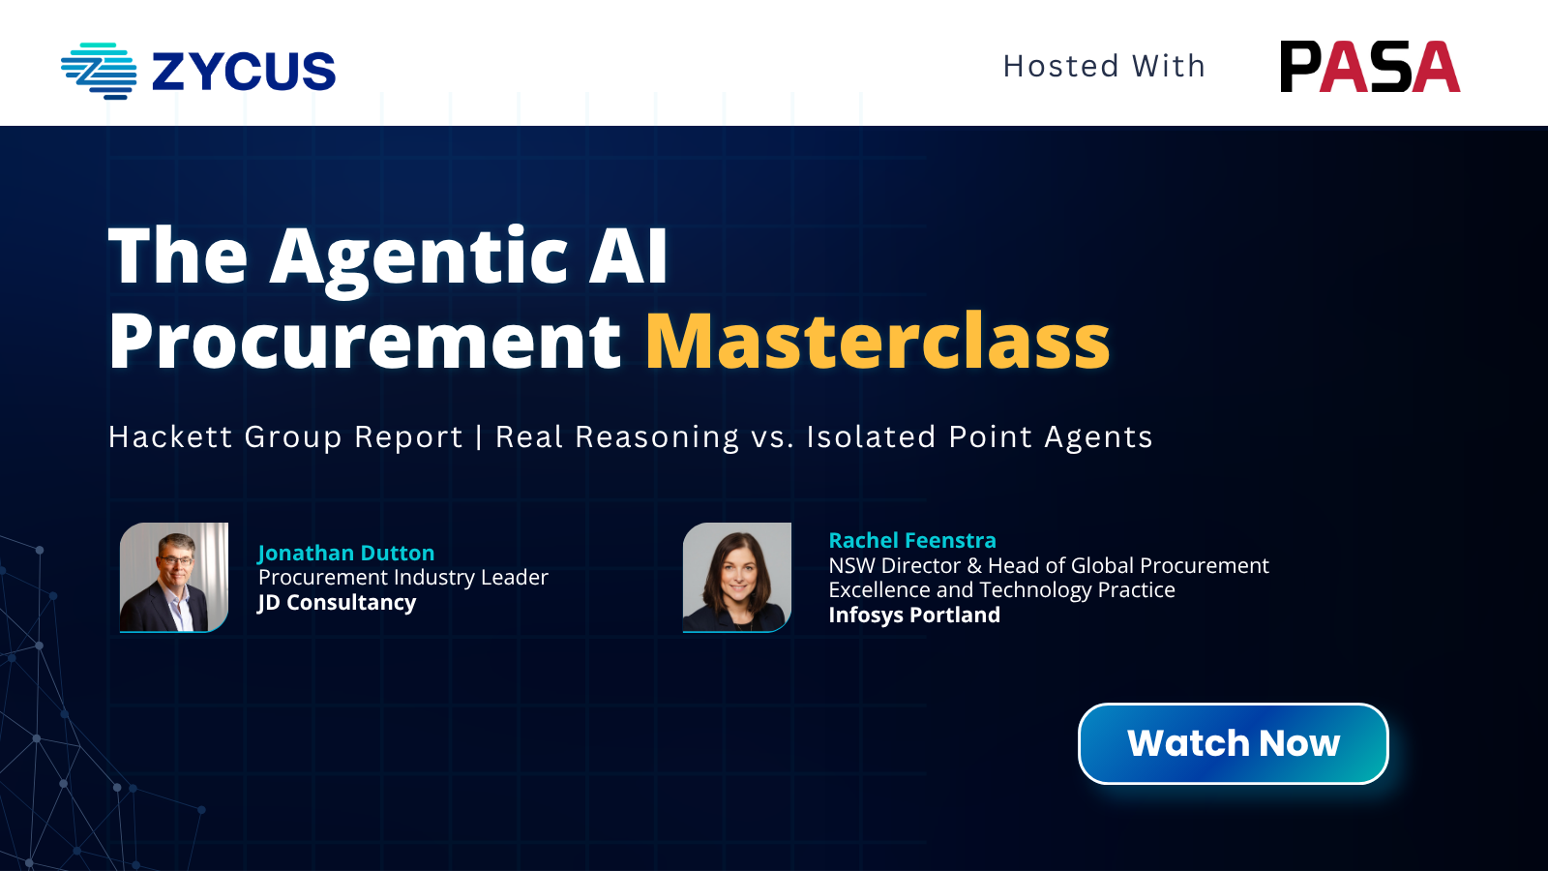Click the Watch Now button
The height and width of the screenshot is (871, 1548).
click(x=1233, y=744)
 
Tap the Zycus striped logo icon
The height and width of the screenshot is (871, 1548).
click(x=99, y=72)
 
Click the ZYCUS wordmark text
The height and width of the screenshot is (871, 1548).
click(x=243, y=72)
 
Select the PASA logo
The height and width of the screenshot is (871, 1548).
click(x=1370, y=67)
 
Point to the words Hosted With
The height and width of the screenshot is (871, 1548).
click(x=1104, y=67)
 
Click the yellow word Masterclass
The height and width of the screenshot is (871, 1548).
click(x=878, y=341)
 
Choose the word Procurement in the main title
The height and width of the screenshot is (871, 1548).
click(x=365, y=341)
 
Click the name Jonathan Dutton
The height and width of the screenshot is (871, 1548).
click(x=346, y=553)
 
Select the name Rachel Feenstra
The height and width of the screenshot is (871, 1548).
click(x=912, y=540)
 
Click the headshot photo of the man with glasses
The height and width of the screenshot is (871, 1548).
click(x=174, y=577)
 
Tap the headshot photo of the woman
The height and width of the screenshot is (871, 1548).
click(x=736, y=577)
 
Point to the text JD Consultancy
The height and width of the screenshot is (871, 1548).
click(x=337, y=603)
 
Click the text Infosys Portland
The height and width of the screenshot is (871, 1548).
click(x=914, y=615)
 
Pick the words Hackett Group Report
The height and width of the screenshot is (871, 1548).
click(x=285, y=436)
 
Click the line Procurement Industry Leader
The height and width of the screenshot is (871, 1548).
click(x=402, y=577)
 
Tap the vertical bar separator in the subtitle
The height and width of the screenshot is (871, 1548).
click(x=479, y=436)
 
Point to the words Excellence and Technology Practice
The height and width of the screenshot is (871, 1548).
click(x=1002, y=589)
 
